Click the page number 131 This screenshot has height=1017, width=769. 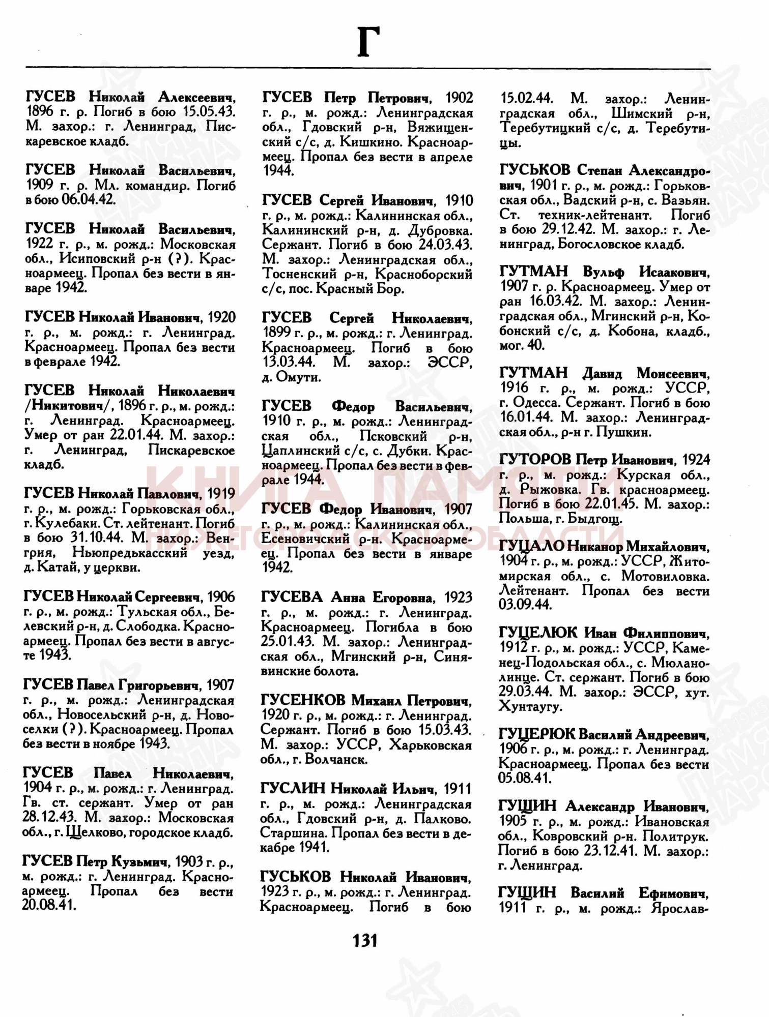point(365,940)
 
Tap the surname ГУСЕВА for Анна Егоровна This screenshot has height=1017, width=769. point(292,597)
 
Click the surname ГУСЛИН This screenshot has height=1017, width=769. point(292,789)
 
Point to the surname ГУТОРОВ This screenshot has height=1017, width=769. point(535,460)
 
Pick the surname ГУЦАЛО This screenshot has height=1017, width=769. point(531,546)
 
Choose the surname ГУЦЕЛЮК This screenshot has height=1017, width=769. point(538,633)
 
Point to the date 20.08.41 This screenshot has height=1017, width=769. point(49,906)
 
